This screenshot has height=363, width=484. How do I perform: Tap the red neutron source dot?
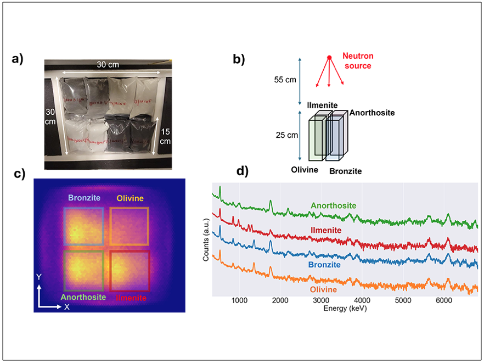point(329,58)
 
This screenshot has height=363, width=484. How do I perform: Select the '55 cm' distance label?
point(285,80)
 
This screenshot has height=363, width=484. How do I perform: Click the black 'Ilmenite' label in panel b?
point(322,104)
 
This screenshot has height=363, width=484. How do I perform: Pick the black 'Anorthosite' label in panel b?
point(371,113)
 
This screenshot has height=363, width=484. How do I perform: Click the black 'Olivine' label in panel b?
point(305,170)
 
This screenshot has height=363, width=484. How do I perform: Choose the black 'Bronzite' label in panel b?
point(345,171)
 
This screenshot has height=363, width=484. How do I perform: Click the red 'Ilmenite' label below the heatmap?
point(131,297)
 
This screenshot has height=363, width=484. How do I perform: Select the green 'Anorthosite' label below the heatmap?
point(83,297)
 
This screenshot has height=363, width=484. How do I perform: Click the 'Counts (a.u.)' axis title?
point(206,241)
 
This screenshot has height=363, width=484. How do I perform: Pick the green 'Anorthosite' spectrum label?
point(333,206)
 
